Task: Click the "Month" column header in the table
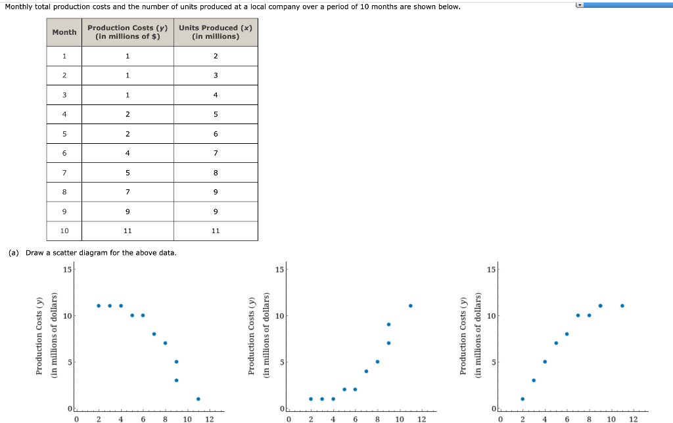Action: [x=64, y=32]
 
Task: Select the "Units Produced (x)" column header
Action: [x=216, y=32]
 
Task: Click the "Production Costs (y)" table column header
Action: [x=128, y=32]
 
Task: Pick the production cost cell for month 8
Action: [x=128, y=192]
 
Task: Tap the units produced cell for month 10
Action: [x=216, y=231]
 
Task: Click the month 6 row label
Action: [x=64, y=153]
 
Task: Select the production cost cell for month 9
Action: [x=128, y=212]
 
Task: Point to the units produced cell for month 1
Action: [x=216, y=56]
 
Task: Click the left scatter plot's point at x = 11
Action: [x=198, y=399]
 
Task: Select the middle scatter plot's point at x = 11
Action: [x=410, y=305]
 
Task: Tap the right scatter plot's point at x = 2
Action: [x=522, y=399]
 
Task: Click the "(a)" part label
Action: [x=13, y=253]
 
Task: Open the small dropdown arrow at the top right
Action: [x=578, y=5]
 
